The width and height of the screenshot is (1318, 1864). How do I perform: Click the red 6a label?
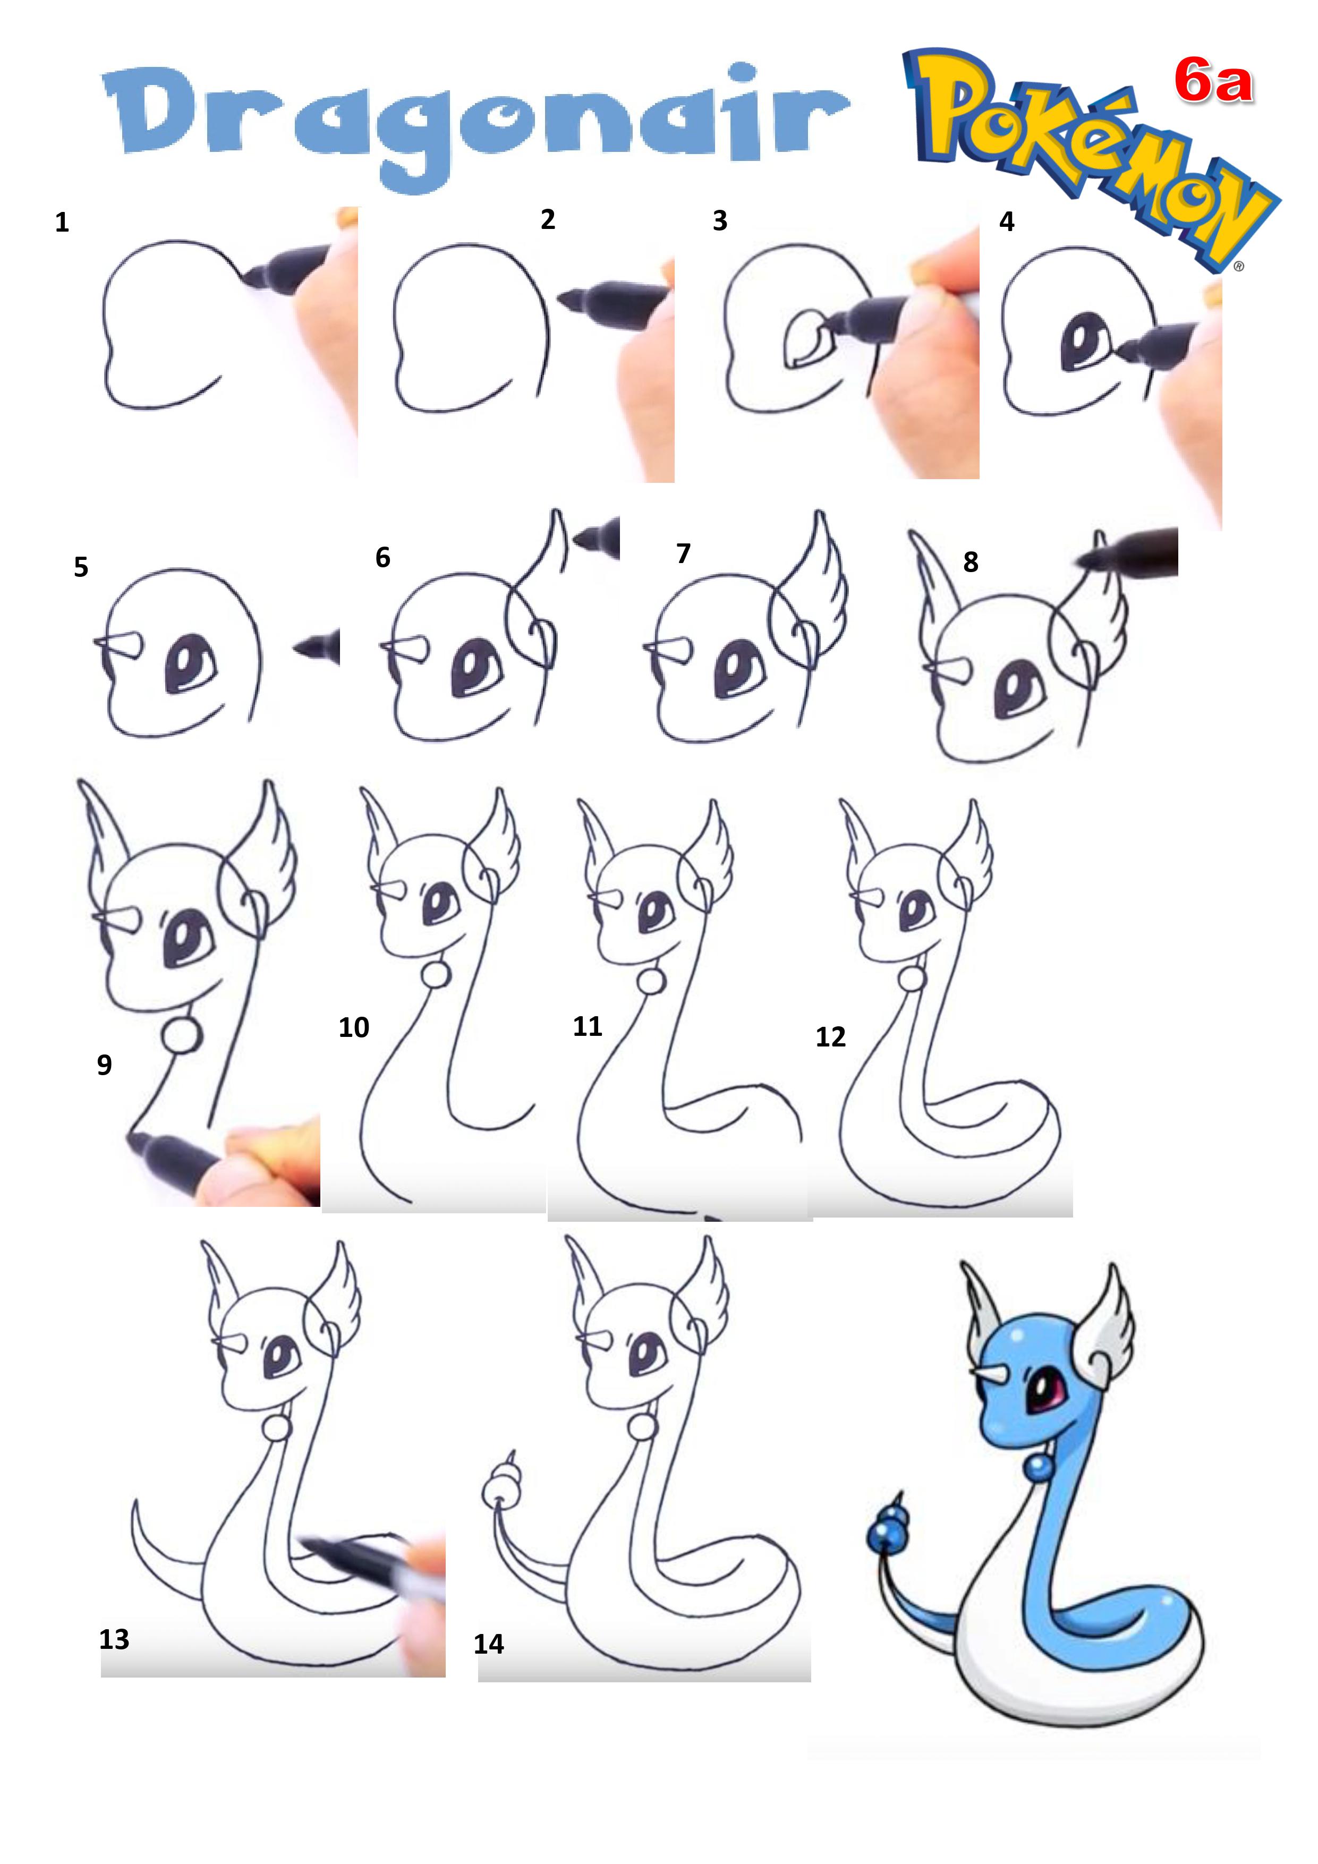(1214, 83)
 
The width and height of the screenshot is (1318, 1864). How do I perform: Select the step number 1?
(62, 223)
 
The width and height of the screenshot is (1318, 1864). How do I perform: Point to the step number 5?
(80, 567)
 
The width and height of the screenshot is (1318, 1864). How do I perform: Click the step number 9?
(104, 1065)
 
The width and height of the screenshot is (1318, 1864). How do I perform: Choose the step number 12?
(831, 1037)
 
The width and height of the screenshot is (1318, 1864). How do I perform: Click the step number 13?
(115, 1639)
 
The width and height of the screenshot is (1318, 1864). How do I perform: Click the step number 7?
(683, 554)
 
